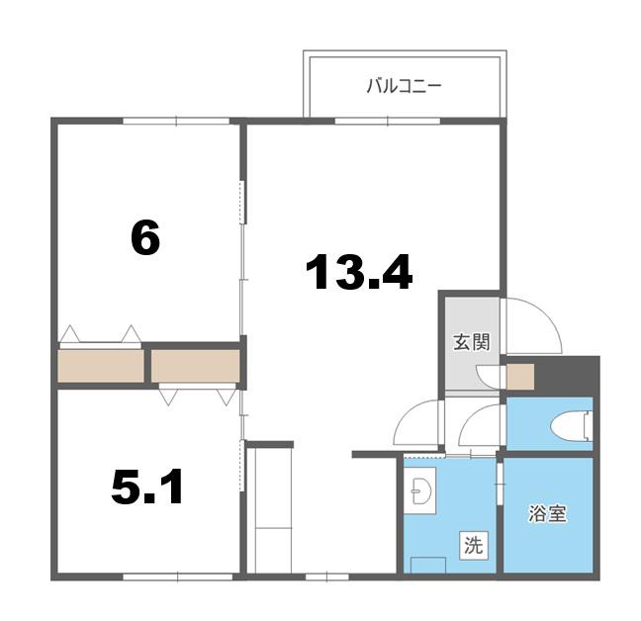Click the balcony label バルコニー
404,86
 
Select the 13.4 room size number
359,272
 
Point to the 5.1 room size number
146,487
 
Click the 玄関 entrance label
471,342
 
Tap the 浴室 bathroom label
547,513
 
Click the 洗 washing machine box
473,545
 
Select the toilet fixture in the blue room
571,426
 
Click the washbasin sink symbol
420,490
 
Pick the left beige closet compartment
101,366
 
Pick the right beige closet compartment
196,366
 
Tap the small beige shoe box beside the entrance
520,377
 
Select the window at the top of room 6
176,121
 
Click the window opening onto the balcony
388,121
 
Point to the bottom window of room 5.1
178,577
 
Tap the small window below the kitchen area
327,577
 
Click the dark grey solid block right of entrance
567,373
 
